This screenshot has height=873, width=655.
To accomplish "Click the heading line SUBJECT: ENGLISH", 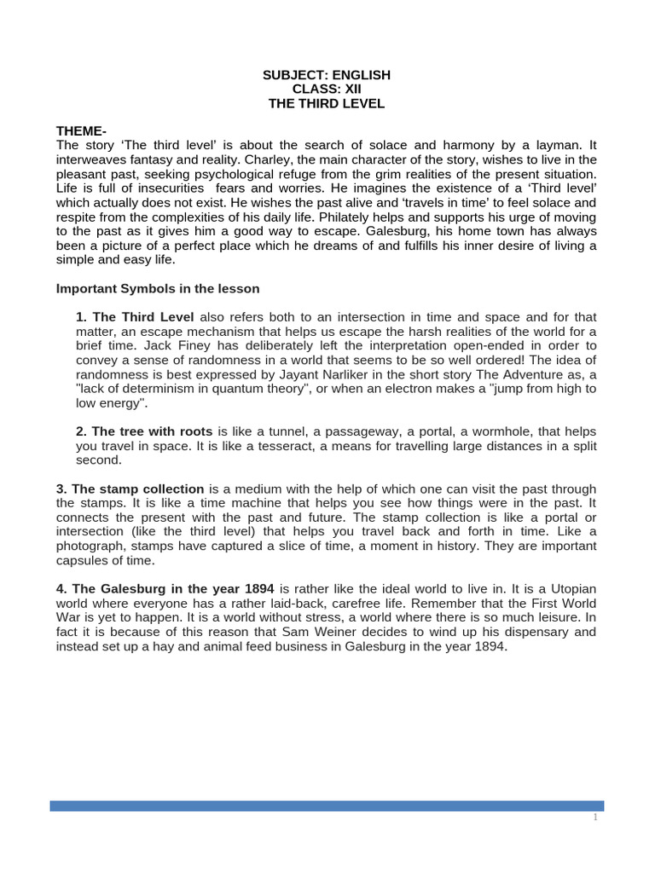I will coord(327,75).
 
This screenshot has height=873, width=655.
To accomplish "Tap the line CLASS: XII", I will coord(327,90).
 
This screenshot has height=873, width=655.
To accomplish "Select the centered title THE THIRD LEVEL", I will coord(327,104).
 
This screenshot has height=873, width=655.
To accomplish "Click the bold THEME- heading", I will coord(82,130).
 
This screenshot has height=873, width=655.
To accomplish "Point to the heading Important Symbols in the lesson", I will coord(158,288).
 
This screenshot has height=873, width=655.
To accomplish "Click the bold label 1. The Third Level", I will coord(136,317).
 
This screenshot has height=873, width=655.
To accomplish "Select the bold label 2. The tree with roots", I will coord(145,431).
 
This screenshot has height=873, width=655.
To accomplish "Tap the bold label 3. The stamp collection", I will coord(130,489).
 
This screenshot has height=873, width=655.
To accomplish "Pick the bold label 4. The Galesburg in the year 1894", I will coord(165,588).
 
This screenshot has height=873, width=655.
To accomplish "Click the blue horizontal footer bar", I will coord(327,806).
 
